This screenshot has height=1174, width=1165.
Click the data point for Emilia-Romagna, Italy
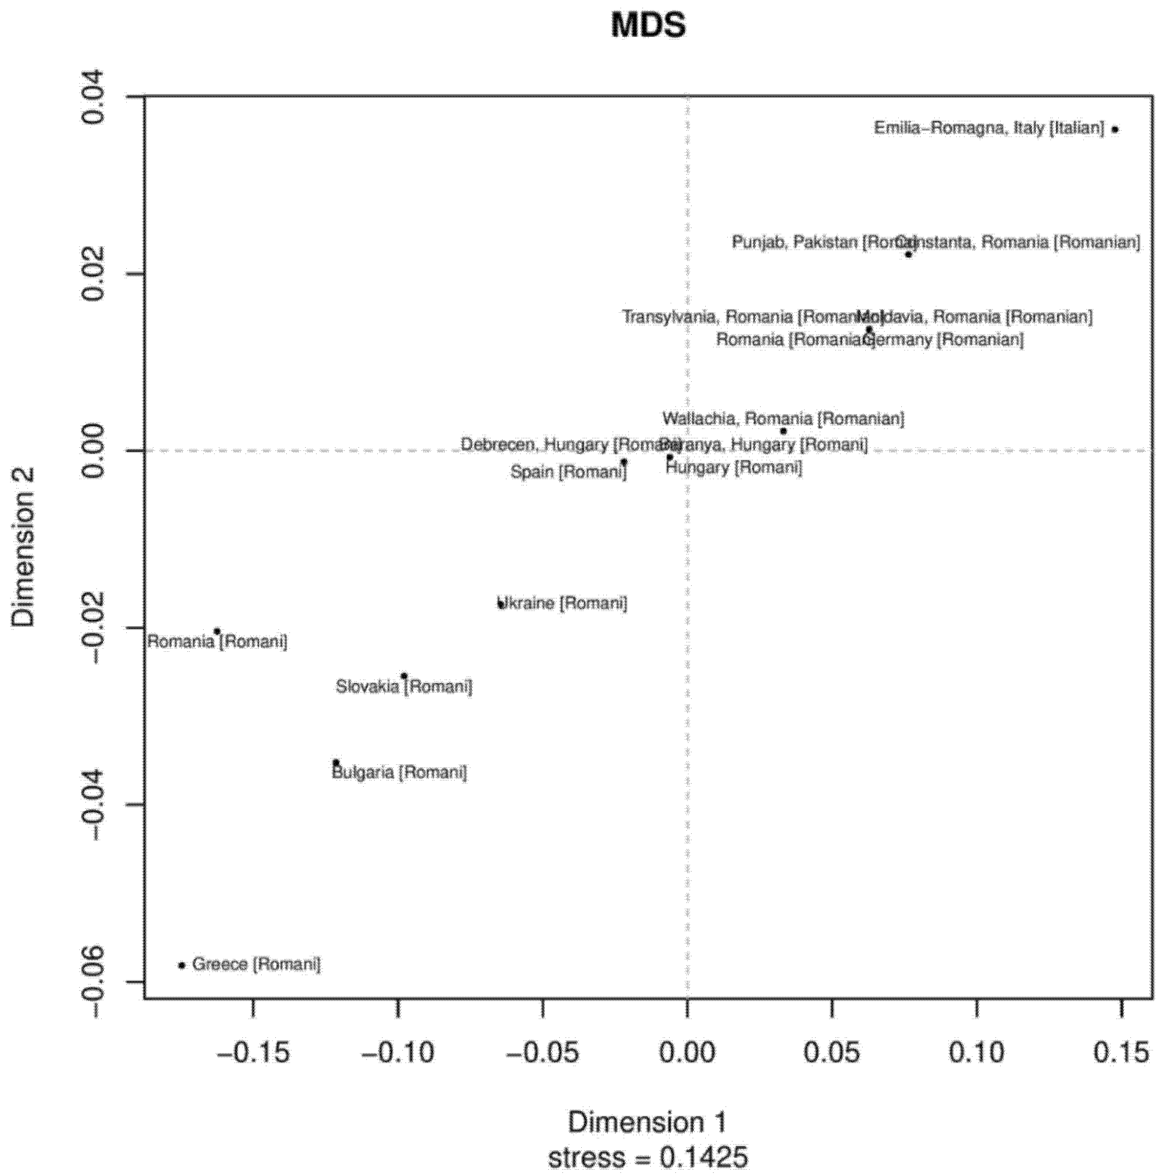click(x=1115, y=129)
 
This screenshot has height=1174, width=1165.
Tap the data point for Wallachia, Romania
click(x=784, y=431)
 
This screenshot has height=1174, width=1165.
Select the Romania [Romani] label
click(x=217, y=642)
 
